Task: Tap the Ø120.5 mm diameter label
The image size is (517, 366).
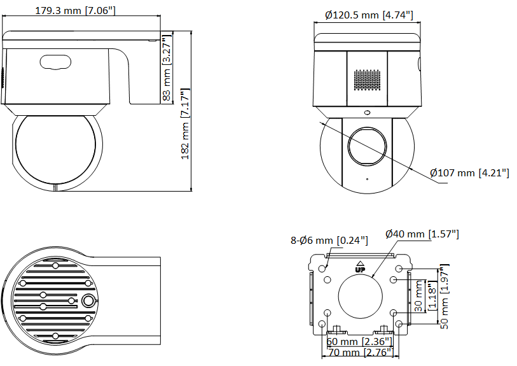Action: (366, 15)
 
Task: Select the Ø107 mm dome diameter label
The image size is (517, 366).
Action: (469, 172)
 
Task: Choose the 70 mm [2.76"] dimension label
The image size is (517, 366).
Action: (361, 352)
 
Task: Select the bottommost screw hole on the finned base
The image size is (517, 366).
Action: (55, 335)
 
